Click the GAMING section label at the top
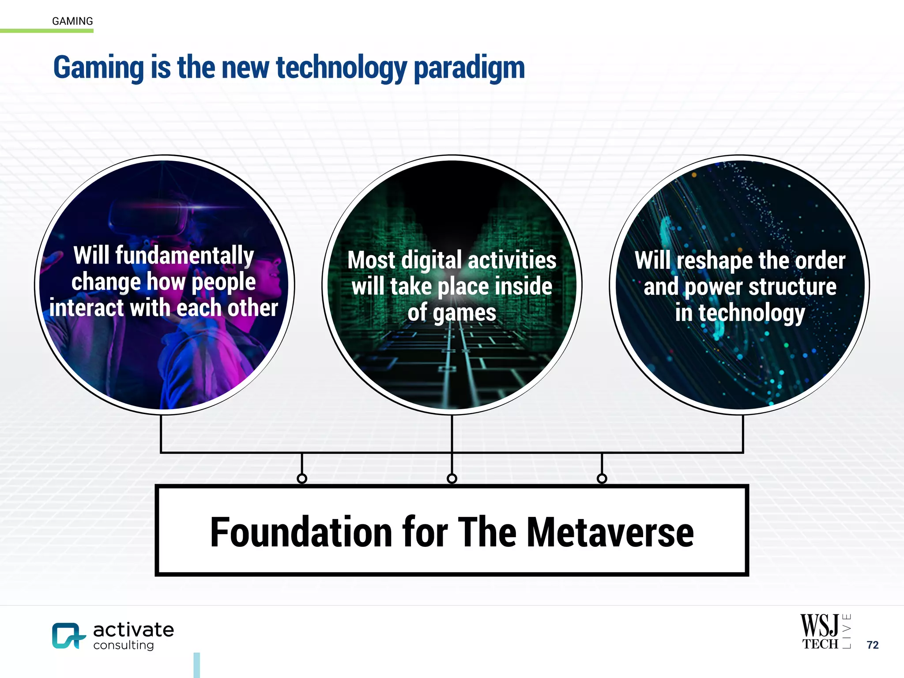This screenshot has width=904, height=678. click(72, 21)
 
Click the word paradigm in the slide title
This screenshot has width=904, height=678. click(469, 68)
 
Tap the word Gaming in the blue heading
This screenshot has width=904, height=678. click(98, 68)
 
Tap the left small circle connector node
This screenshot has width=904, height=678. click(302, 478)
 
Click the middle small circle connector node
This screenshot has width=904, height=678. click(452, 478)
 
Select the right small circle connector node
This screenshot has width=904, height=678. click(602, 478)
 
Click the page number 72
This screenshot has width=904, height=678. click(872, 645)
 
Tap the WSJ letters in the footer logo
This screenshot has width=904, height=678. click(819, 625)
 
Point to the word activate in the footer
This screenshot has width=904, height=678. click(133, 630)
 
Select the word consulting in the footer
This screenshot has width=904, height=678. click(124, 645)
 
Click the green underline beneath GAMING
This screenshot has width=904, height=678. click(47, 30)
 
